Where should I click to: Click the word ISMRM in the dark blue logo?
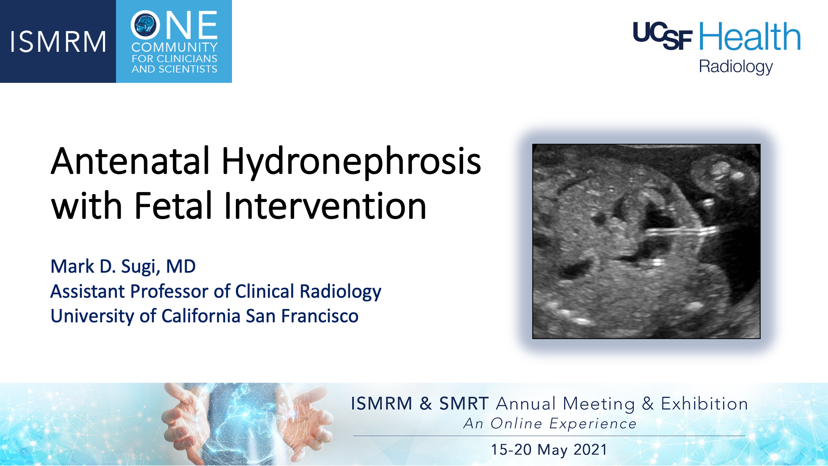coord(58,42)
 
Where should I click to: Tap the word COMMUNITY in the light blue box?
coord(175,47)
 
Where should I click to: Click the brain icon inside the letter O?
coord(145,25)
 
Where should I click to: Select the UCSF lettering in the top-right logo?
coord(662,36)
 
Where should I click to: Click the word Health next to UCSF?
coord(750,37)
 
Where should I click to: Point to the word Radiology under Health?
coord(736,67)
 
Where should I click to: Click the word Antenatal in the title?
coord(131,161)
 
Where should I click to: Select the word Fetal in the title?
coord(173,205)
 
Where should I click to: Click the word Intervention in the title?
coord(325,205)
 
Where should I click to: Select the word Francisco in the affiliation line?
coord(320,316)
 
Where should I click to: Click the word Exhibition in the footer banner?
coord(704,404)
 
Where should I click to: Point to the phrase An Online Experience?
coord(550,424)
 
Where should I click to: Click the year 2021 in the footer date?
coord(590,450)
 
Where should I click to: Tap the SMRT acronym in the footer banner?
coord(464,404)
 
